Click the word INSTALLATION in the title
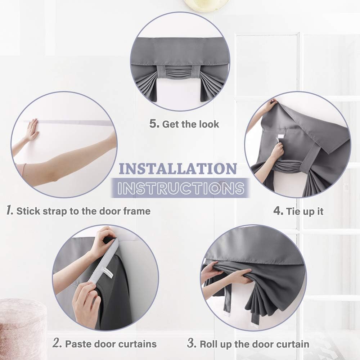coord(178,169)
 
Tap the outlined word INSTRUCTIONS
coord(181,188)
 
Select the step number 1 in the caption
coord(10,210)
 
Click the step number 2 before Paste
coord(57,343)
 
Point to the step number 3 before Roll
coord(192,343)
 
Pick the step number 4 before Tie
coord(278,211)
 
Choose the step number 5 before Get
coord(154,123)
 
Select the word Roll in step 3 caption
coord(209,344)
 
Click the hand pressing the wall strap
coord(32,130)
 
